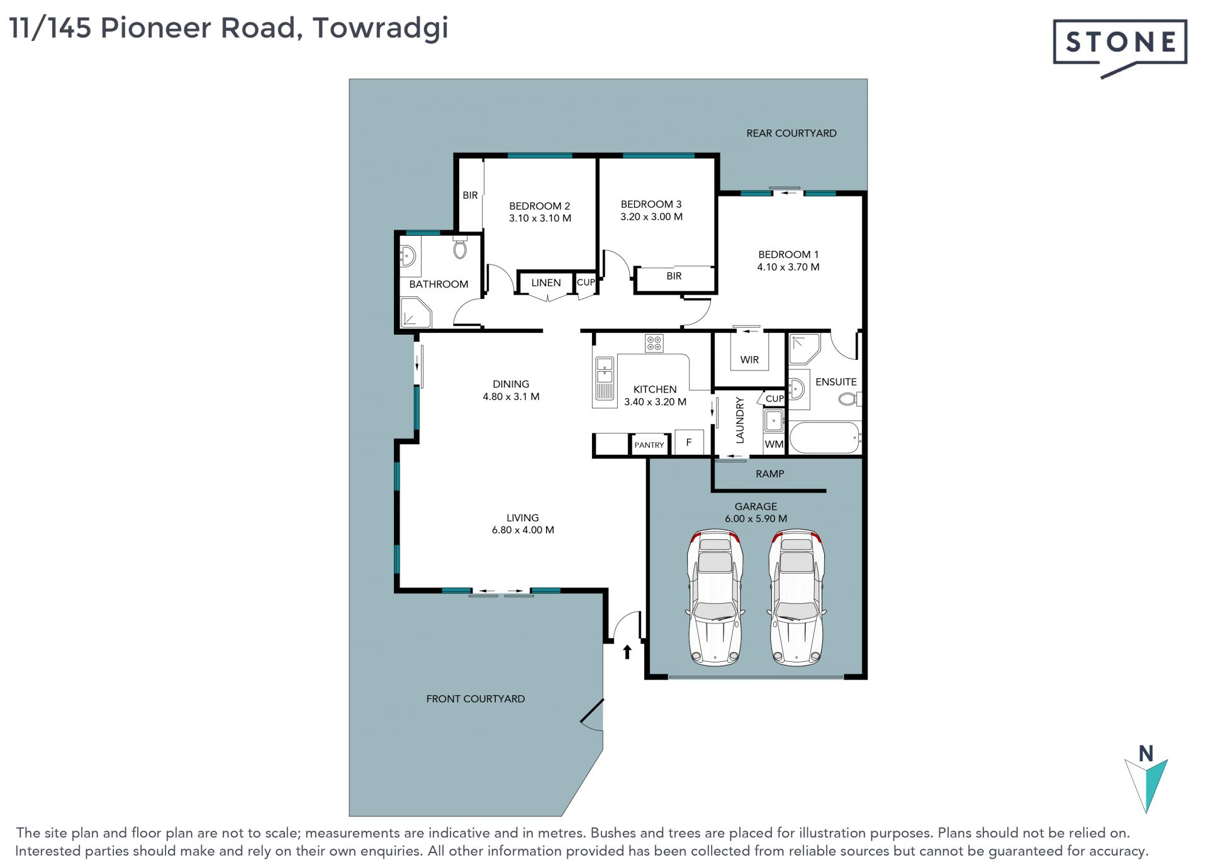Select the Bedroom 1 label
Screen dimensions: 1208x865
(x=788, y=260)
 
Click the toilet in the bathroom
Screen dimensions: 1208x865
(x=460, y=248)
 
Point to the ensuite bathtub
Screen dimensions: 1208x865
(x=825, y=437)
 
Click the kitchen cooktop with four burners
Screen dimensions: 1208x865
(x=654, y=343)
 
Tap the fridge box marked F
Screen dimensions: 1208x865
(x=689, y=442)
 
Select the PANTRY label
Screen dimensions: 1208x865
(x=649, y=445)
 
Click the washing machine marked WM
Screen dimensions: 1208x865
(x=774, y=444)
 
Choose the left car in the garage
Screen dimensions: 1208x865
(x=715, y=598)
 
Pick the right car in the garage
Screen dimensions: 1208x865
(x=797, y=598)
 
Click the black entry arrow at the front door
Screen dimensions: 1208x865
(x=627, y=651)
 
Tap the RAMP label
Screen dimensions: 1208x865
(x=770, y=474)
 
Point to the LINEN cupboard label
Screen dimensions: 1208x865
(x=546, y=283)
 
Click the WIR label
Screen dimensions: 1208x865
(x=749, y=360)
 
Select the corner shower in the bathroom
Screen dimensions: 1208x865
(x=416, y=312)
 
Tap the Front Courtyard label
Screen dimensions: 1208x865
(x=476, y=699)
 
